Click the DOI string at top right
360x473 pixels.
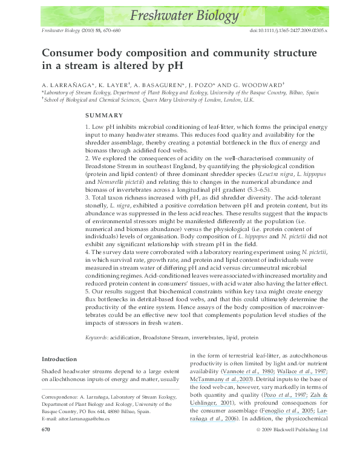(x=288, y=30)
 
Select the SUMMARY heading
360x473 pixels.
(x=104, y=115)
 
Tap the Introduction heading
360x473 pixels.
(x=59, y=359)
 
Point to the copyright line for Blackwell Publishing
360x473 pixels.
(x=292, y=463)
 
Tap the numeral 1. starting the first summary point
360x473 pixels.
(x=88, y=126)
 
